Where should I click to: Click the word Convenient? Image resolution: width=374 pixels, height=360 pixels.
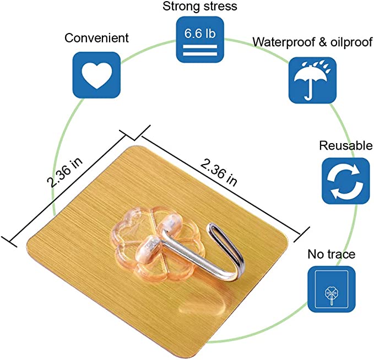[96, 38]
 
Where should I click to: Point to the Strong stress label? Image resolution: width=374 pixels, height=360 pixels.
[199, 7]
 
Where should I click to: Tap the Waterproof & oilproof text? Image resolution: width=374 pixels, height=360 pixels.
[312, 42]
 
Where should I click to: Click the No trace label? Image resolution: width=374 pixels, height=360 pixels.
[331, 254]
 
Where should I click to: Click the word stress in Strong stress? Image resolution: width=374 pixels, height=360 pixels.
[219, 7]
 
